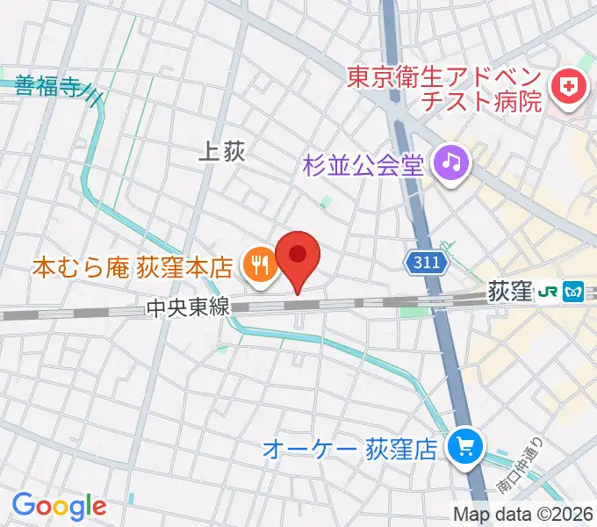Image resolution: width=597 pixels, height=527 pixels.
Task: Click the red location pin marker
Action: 298,257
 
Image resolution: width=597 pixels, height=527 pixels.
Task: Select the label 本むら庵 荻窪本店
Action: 132,265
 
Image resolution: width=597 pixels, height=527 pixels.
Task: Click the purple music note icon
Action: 452,161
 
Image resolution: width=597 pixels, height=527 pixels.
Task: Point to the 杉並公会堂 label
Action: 363,162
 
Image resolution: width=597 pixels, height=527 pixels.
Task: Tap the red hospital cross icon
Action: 568,87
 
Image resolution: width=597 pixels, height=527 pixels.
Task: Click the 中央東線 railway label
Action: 188,307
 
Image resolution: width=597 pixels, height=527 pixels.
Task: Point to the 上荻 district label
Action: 221,153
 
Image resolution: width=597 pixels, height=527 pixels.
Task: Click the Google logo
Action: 59,505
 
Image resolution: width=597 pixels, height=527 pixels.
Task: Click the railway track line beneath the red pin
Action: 298,304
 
